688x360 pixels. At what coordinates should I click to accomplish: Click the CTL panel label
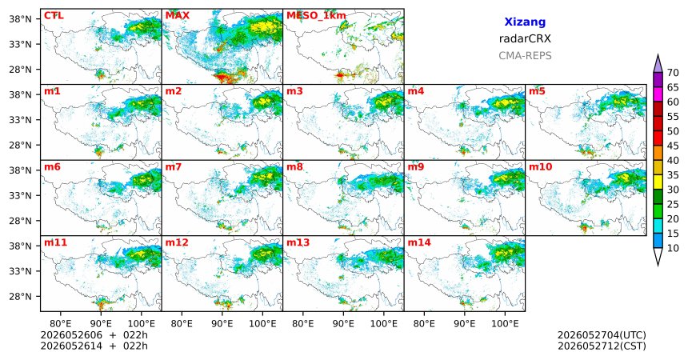pos(54,16)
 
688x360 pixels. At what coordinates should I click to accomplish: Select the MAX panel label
pos(178,16)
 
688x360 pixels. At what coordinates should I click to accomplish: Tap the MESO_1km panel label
pos(316,16)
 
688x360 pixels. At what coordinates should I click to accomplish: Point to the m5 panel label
pos(537,91)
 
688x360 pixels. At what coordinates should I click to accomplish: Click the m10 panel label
pos(541,167)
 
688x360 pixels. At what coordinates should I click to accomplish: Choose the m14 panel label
pos(419,242)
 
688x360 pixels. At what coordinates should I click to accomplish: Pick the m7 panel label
pos(174,167)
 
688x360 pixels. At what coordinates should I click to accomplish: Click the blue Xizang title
pos(525,22)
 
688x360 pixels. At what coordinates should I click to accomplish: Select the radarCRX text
pos(525,38)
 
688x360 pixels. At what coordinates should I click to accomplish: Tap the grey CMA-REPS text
pos(525,56)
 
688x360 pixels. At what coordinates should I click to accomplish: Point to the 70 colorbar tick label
pos(673,73)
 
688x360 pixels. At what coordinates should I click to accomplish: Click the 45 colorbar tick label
pos(673,146)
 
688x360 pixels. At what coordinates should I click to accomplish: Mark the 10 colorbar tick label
pos(673,248)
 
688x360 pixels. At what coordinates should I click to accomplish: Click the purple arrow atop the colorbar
pos(658,64)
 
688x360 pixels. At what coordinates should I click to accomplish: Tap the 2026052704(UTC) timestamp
pos(602,335)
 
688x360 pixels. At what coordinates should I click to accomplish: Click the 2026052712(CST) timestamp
pos(602,346)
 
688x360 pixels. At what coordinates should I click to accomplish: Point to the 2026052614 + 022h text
pos(94,346)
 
